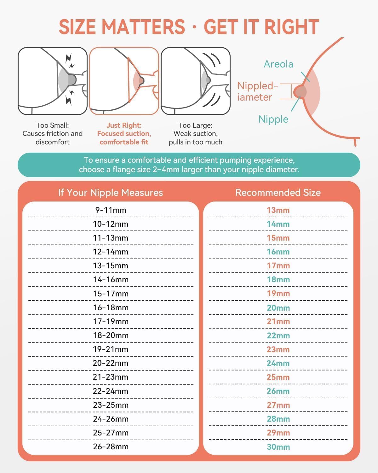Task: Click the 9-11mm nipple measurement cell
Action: [x=111, y=210]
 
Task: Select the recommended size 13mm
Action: [x=278, y=210]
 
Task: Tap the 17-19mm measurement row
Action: [x=111, y=321]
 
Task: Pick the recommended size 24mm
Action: [x=278, y=363]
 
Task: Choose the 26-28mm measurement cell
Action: [x=111, y=447]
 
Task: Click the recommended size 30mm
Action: [x=278, y=447]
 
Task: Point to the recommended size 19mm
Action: [x=278, y=294]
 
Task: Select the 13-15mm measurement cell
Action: [x=111, y=266]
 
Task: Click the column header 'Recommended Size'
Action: [x=278, y=193]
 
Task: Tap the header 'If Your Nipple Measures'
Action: [x=111, y=193]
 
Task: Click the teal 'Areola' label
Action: [x=278, y=64]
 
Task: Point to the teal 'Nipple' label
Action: [x=273, y=120]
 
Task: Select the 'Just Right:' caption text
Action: [x=124, y=125]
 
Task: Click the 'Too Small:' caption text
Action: [x=53, y=125]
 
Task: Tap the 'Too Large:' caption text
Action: [x=196, y=125]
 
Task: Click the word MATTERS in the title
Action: [x=143, y=27]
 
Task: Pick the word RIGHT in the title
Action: [x=292, y=27]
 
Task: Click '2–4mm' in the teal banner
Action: [x=166, y=169]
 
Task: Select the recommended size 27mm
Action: [x=278, y=405]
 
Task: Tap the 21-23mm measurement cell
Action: [x=111, y=377]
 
